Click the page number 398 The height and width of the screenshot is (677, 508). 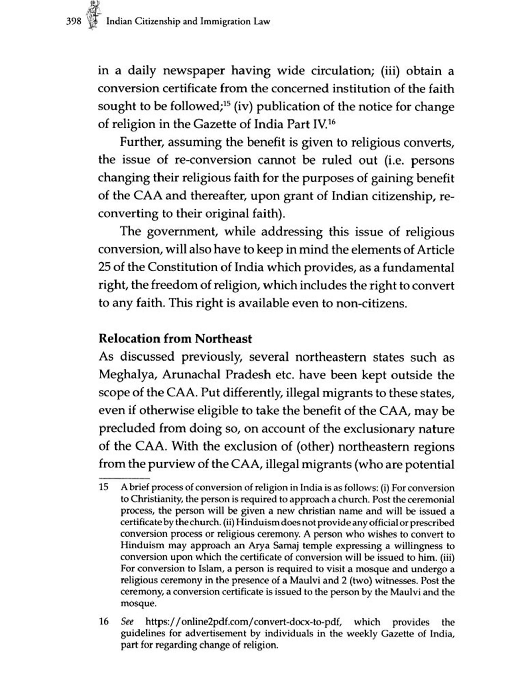click(73, 22)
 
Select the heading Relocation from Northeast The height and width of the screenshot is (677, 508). click(175, 339)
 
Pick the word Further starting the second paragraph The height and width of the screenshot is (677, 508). click(142, 142)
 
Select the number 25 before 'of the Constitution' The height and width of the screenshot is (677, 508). click(104, 267)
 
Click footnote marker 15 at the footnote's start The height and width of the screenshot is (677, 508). click(104, 487)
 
